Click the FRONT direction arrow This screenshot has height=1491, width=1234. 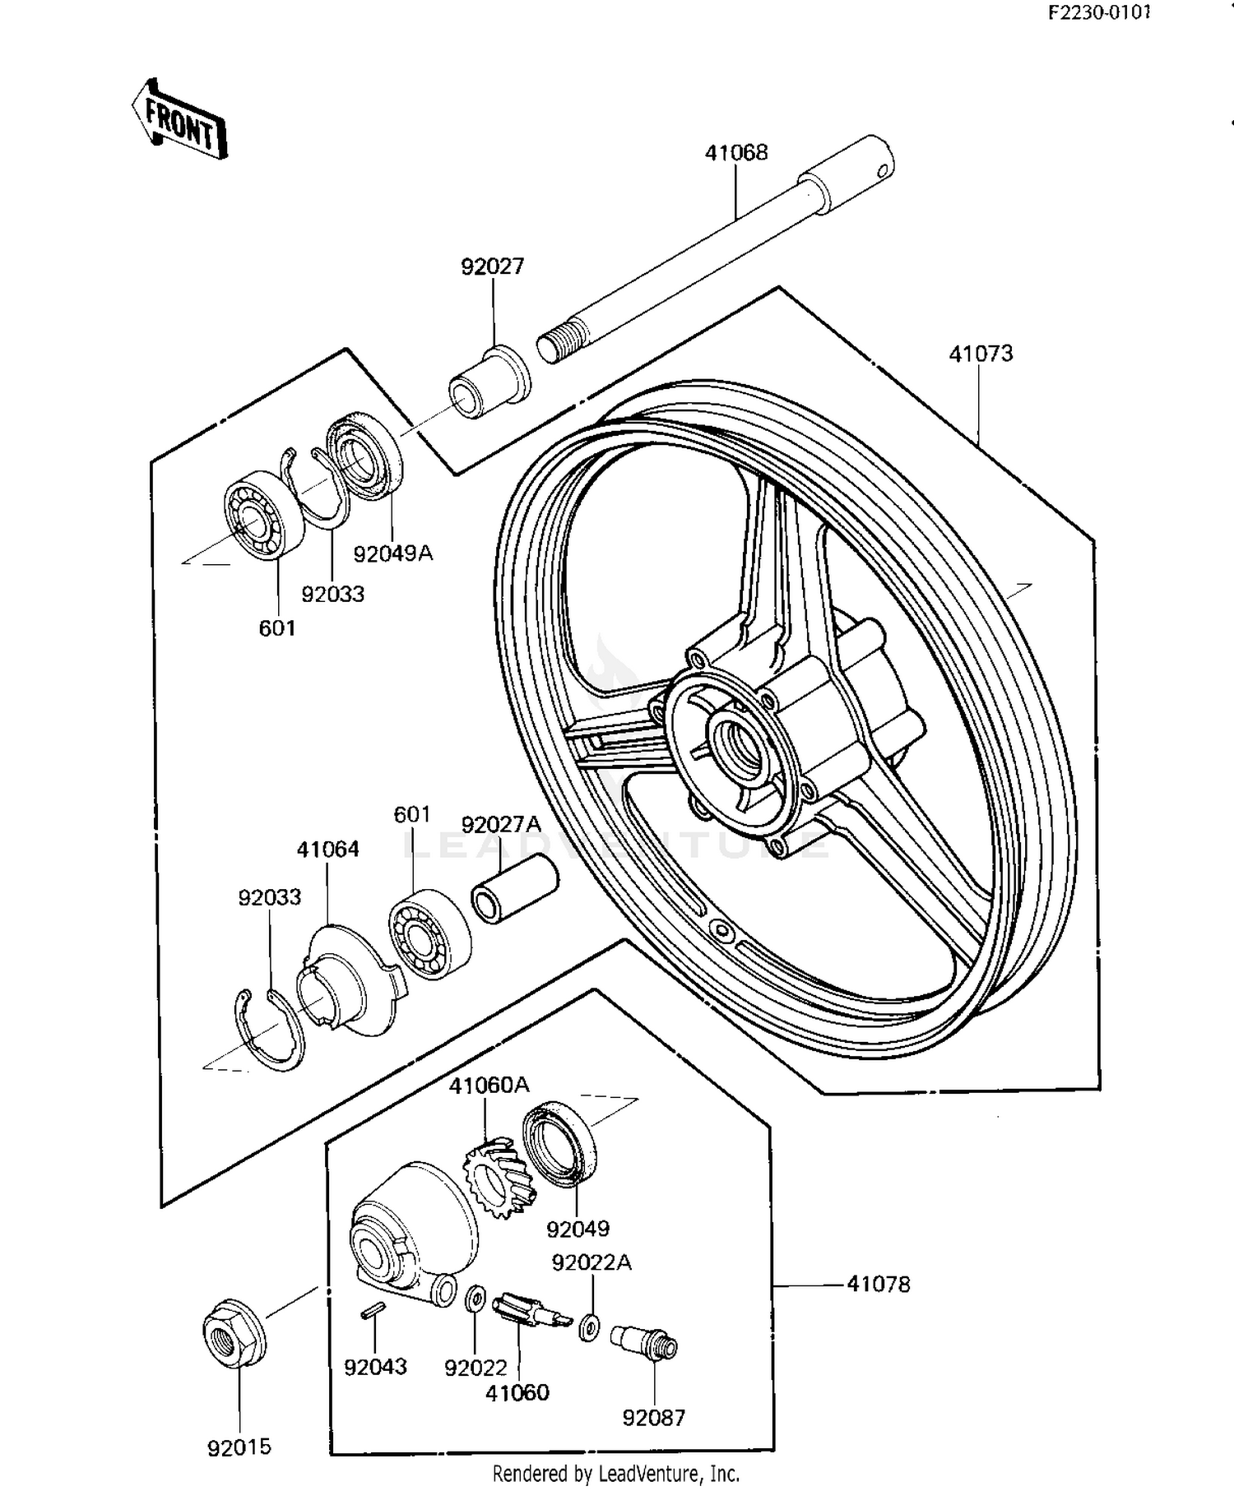[x=179, y=120]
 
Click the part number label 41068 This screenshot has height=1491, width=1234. [x=735, y=153]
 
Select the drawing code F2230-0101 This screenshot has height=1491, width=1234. [x=1098, y=13]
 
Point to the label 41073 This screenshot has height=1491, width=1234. [x=981, y=354]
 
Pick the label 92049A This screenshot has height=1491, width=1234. [x=392, y=553]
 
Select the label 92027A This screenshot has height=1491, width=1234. [x=501, y=824]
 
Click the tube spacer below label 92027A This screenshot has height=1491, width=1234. [x=514, y=889]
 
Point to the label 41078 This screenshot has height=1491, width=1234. [x=879, y=1285]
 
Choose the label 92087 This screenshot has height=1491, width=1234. [x=653, y=1418]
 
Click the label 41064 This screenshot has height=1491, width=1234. [x=327, y=850]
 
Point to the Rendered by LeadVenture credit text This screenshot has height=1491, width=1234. [x=615, y=1473]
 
